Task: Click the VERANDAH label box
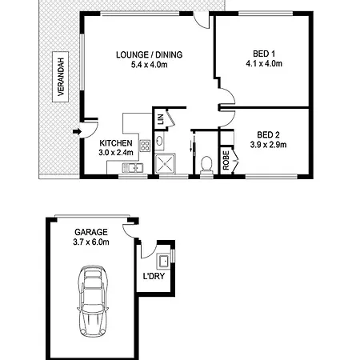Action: [60, 77]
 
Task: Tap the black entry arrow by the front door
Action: [77, 131]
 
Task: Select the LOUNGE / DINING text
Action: [150, 54]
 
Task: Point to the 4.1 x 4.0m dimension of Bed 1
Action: [264, 64]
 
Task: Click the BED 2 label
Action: [268, 134]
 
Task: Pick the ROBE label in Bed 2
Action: [226, 160]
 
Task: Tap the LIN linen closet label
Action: [161, 119]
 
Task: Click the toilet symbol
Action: [206, 166]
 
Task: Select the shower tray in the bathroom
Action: [165, 163]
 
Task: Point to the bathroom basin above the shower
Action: [159, 141]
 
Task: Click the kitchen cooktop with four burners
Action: [145, 146]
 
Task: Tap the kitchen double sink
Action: [133, 168]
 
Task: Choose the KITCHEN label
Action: [116, 143]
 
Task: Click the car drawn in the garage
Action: [93, 302]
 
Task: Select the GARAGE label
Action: [91, 232]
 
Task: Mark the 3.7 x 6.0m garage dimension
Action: [91, 242]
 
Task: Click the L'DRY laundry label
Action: [154, 276]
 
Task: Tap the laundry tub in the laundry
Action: [163, 260]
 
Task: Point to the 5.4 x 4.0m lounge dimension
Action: [150, 65]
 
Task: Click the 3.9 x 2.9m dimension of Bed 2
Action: [268, 145]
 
